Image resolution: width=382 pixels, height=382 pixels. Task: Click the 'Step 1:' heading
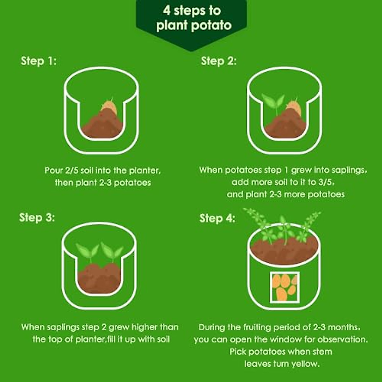[39, 61]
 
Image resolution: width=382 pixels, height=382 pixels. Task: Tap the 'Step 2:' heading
[219, 61]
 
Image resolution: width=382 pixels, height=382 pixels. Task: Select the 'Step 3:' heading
[37, 218]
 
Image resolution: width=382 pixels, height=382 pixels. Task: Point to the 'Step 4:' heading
[217, 218]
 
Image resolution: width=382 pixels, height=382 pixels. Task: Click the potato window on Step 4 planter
[285, 287]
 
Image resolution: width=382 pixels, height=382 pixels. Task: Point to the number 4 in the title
[166, 11]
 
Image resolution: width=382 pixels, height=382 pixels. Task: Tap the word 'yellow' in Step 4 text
[303, 364]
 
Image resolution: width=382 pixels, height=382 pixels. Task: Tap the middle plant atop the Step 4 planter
[283, 229]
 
